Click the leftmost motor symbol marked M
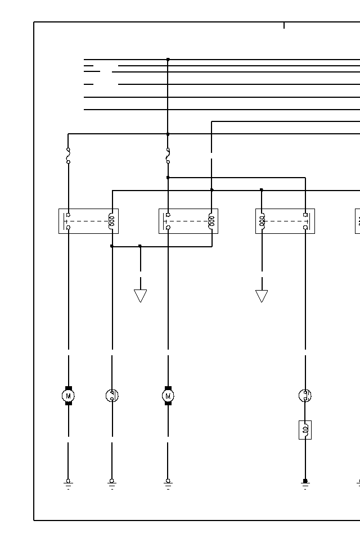tap(68, 396)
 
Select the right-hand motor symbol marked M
tap(168, 396)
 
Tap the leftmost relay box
tap(88, 221)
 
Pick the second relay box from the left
tap(188, 221)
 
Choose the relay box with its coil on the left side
tap(285, 221)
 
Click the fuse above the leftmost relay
tap(68, 156)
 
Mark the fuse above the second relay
tap(168, 156)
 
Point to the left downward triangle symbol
tap(140, 296)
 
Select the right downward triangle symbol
tap(262, 296)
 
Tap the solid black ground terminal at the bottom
tap(305, 481)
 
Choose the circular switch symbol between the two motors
tap(112, 396)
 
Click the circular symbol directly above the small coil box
tap(305, 396)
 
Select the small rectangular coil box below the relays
tap(305, 430)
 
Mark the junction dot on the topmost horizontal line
tap(168, 59)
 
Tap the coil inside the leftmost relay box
tap(111, 221)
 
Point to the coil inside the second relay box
tap(211, 221)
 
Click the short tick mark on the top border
tap(284, 25)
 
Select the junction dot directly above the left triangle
tap(140, 246)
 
